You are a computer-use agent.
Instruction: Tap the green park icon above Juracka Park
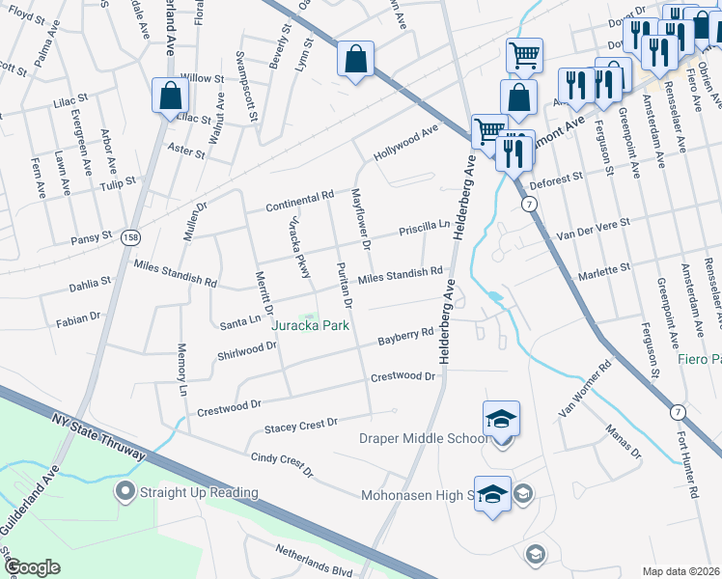(310, 317)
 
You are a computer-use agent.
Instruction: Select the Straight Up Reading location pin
(124, 492)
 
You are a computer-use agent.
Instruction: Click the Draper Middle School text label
(424, 439)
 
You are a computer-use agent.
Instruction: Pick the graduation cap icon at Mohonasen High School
(492, 493)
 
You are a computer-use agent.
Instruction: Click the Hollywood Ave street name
(406, 142)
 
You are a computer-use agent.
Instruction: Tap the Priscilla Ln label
(426, 230)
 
